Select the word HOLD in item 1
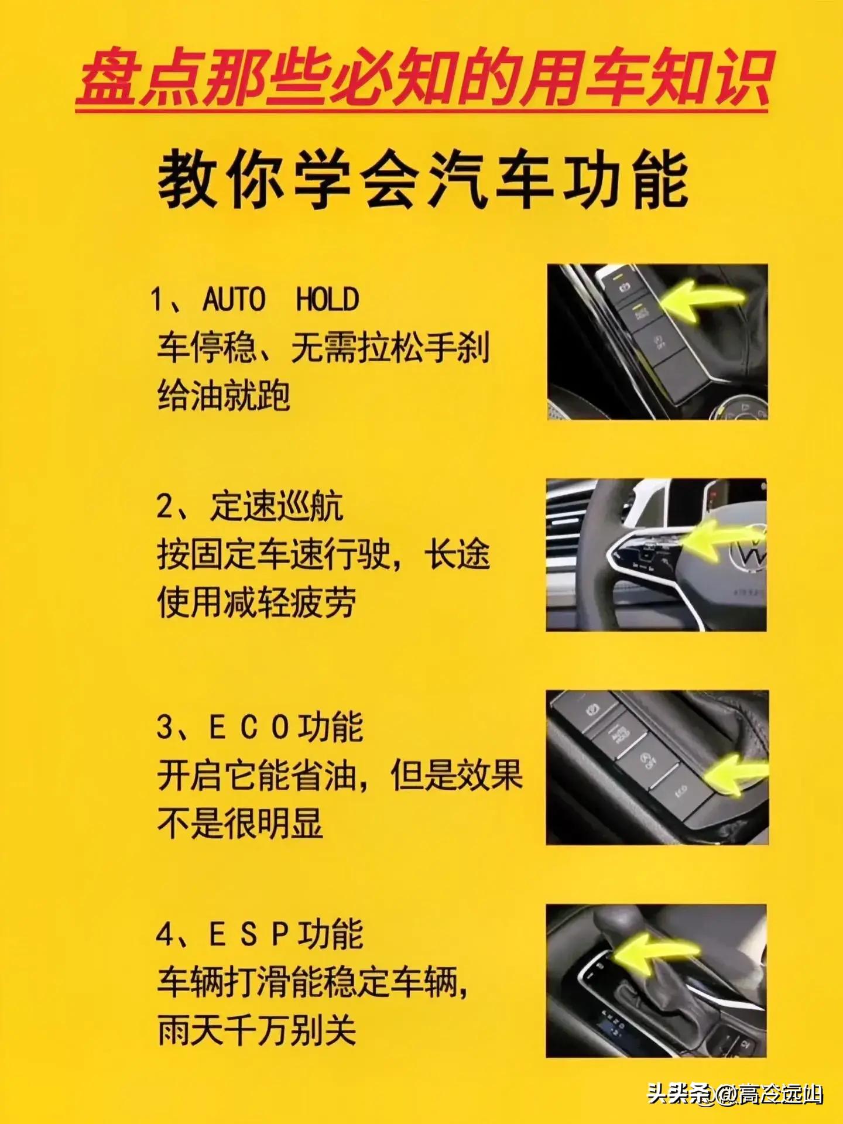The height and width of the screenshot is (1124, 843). (327, 300)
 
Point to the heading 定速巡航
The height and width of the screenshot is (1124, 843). (276, 506)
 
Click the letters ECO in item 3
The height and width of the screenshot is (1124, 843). (249, 728)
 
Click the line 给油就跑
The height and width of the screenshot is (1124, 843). (224, 396)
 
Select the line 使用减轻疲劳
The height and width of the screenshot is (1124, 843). (256, 602)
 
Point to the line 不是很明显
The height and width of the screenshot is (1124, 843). (240, 824)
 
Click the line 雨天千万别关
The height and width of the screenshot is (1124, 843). (256, 1030)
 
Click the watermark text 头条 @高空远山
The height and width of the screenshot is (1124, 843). (735, 1094)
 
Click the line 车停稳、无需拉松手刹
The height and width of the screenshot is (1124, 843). (323, 348)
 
